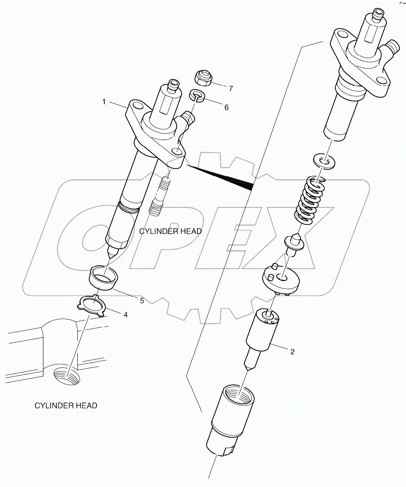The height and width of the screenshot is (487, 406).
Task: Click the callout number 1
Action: click(104, 101)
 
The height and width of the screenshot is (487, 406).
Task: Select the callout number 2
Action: click(292, 351)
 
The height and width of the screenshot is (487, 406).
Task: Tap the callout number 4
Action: click(125, 315)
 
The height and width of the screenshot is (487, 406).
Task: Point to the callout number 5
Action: click(142, 300)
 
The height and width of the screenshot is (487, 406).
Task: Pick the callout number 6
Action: click(226, 107)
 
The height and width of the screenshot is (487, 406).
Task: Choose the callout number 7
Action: click(231, 89)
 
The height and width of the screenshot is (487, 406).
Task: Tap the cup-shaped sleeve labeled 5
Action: click(103, 277)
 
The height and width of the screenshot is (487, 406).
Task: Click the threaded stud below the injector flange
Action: click(160, 197)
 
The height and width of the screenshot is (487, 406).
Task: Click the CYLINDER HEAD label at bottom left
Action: click(66, 405)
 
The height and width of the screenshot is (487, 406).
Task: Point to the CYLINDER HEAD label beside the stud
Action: click(170, 231)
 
